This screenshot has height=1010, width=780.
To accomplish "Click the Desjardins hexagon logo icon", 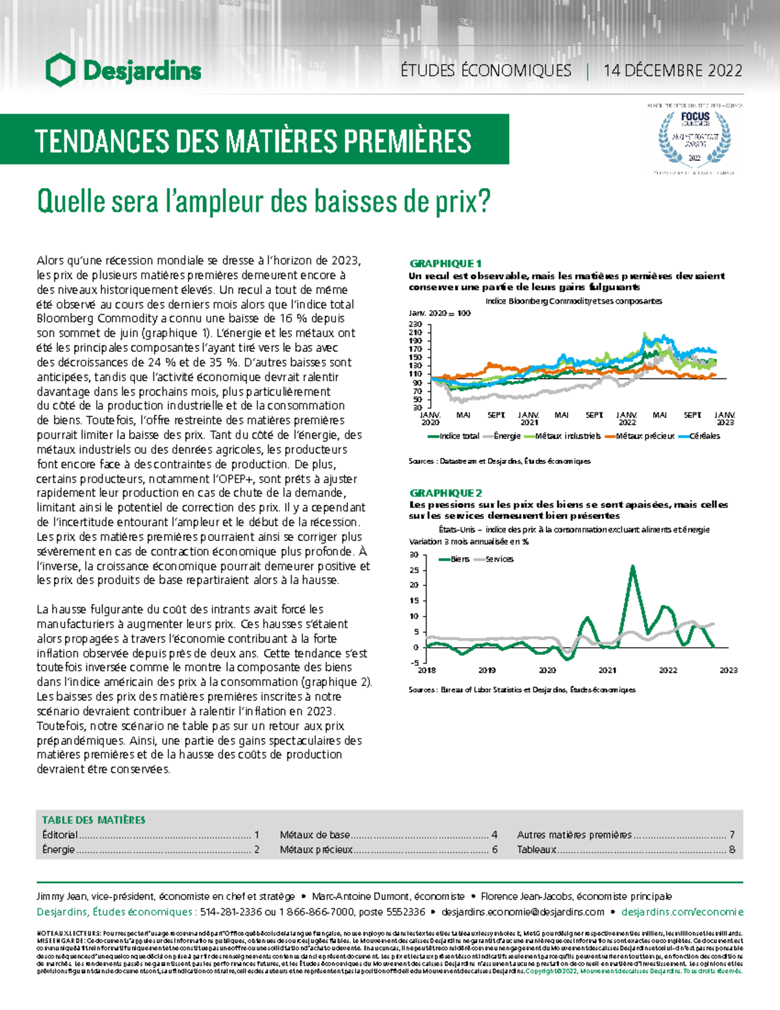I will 60,70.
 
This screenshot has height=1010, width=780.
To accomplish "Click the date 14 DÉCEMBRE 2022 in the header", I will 672,70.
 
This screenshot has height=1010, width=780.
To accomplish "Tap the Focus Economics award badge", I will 694,139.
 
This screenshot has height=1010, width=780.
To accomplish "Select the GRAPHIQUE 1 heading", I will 445,263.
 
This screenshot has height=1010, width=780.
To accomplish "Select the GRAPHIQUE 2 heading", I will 445,493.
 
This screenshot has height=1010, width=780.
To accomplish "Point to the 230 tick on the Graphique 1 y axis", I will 415,324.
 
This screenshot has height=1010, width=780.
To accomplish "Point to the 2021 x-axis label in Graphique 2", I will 607,670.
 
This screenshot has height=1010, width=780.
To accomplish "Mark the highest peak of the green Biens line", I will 632,566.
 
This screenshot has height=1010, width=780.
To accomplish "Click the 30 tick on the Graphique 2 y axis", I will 414,555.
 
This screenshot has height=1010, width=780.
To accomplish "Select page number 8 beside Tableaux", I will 732,849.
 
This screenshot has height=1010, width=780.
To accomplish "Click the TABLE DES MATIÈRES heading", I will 94,820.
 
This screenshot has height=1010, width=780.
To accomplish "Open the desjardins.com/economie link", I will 682,912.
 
